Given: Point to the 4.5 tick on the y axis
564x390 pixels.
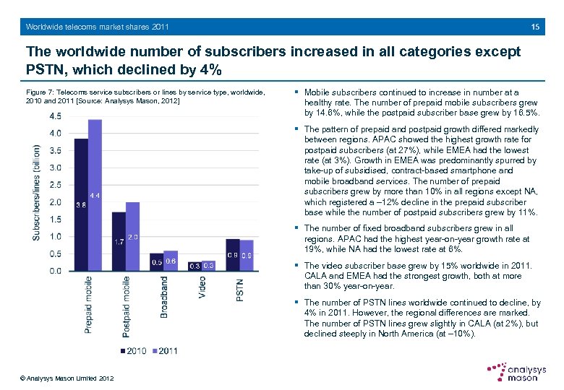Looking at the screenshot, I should click(x=55, y=116).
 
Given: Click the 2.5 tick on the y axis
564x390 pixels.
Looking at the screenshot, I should click(x=55, y=185).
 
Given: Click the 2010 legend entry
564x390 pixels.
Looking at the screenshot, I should click(x=134, y=351).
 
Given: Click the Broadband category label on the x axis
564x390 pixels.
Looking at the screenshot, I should click(x=164, y=297).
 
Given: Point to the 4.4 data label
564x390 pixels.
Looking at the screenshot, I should click(x=95, y=196).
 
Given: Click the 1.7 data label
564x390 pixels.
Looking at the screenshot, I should click(x=119, y=242).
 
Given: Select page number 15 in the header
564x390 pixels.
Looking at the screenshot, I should click(x=535, y=27).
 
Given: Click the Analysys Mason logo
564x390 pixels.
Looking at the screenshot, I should click(x=516, y=373).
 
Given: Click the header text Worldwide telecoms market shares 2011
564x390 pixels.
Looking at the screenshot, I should click(x=98, y=27).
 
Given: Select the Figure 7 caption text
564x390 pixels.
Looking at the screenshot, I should click(x=145, y=96).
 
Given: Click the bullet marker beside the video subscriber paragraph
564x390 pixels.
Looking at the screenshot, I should click(x=297, y=266).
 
